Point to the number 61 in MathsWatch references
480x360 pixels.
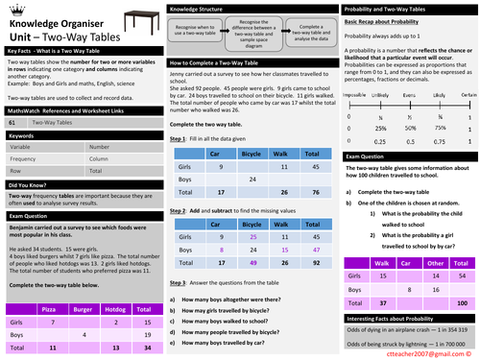pyautogui.click(x=11, y=124)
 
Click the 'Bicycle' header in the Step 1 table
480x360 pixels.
pyautogui.click(x=251, y=153)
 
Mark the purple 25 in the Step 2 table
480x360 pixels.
pyautogui.click(x=251, y=222)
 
